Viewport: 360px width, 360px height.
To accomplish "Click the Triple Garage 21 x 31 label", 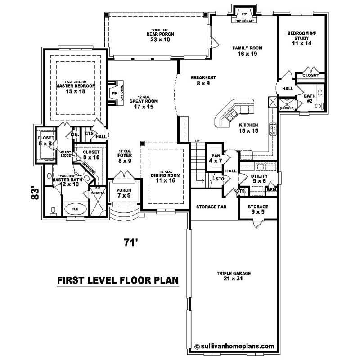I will click(x=233, y=276).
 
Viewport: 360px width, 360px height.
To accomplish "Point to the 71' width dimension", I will click(x=130, y=243).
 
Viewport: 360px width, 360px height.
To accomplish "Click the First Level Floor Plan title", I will click(x=118, y=280).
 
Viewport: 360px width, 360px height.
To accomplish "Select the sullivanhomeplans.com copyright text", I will click(x=234, y=346).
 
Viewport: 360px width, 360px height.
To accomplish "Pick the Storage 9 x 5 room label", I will click(x=258, y=210).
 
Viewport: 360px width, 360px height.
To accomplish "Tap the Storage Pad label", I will click(x=211, y=207).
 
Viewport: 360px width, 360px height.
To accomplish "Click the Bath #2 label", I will click(x=310, y=98).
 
